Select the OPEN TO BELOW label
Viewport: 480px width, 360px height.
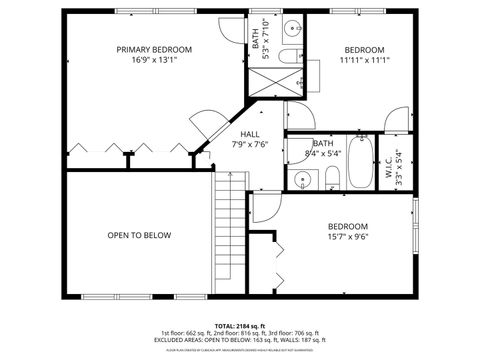[139, 235]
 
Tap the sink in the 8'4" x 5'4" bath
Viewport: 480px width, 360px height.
[301, 180]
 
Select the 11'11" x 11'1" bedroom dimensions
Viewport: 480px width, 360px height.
[364, 61]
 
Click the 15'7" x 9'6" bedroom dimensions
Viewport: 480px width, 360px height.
[347, 237]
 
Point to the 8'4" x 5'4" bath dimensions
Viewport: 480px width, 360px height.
[321, 153]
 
